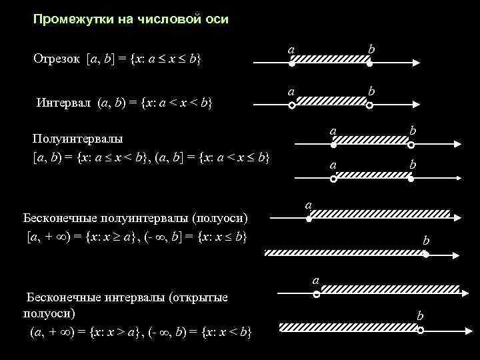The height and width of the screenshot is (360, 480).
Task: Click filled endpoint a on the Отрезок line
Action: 292,64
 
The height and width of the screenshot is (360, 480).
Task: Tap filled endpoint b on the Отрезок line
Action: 370,64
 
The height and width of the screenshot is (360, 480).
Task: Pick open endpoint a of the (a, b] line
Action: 334,179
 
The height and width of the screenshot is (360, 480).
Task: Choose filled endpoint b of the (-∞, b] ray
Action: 424,253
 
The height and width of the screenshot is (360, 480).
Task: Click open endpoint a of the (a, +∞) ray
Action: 316,293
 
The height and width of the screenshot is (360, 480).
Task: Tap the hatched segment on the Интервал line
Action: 331,100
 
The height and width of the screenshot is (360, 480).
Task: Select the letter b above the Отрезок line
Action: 371,50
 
